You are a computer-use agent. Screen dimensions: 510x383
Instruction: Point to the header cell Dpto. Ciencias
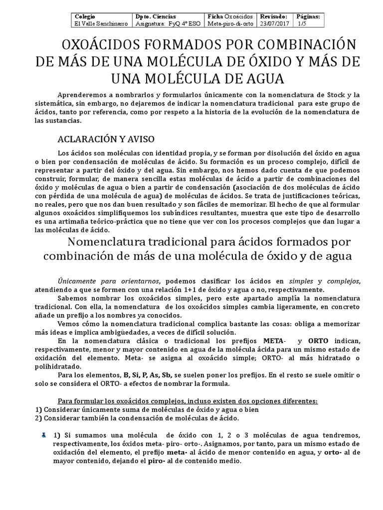pos(156,16)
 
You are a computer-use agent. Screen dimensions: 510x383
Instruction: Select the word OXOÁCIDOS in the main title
pos(102,45)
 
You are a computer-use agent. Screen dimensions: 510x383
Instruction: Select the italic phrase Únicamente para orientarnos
pos(110,280)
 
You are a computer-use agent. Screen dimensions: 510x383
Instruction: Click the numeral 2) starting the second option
pos(38,417)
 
